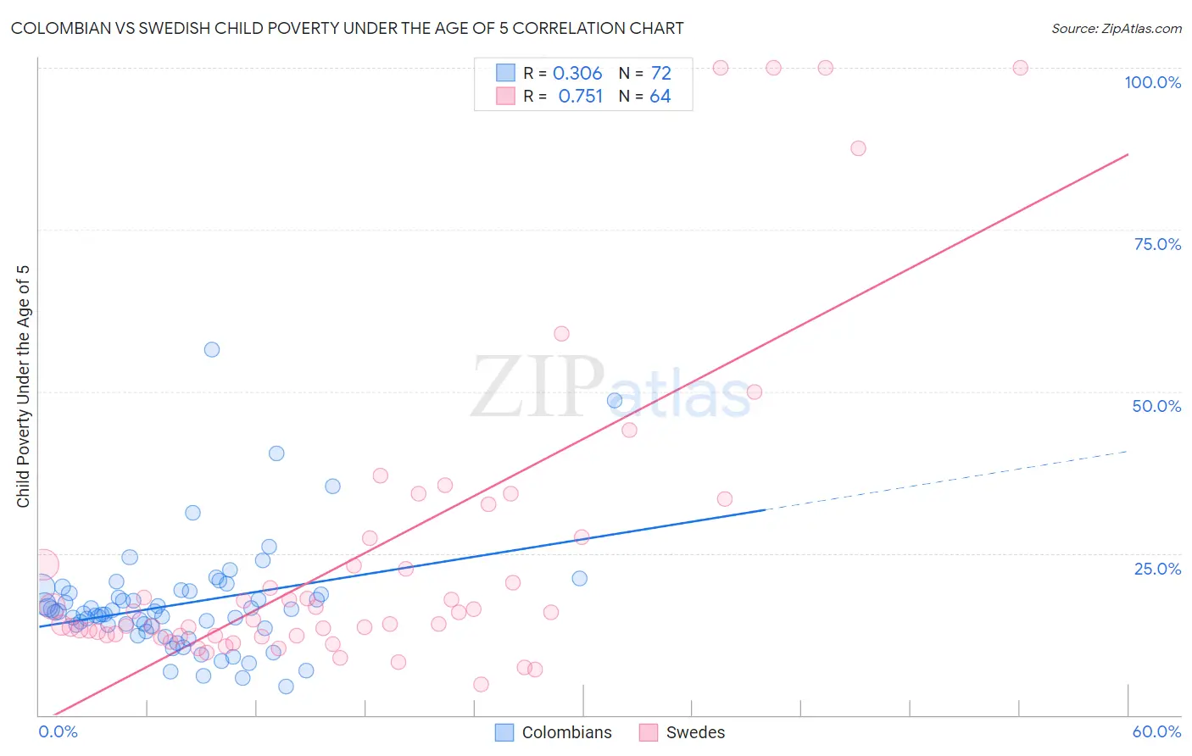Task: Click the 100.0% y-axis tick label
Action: point(1152,82)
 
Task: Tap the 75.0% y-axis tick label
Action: point(1157,244)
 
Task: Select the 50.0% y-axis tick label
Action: point(1156,406)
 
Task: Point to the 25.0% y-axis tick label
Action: point(1157,568)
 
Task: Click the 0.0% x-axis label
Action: point(58,731)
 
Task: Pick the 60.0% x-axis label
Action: point(1156,731)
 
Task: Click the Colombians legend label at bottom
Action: point(566,732)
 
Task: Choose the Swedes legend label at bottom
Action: point(695,732)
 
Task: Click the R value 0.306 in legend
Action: point(577,74)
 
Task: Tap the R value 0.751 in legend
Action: point(580,97)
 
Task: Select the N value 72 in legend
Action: point(661,74)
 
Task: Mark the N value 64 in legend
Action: point(660,97)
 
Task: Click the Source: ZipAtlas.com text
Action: point(1116,28)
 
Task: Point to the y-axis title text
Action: point(23,386)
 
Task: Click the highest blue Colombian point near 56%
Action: point(212,349)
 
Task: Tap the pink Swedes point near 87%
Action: point(858,148)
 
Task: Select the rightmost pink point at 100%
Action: point(1021,68)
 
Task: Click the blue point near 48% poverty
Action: point(615,400)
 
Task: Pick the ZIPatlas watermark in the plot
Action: point(610,388)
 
